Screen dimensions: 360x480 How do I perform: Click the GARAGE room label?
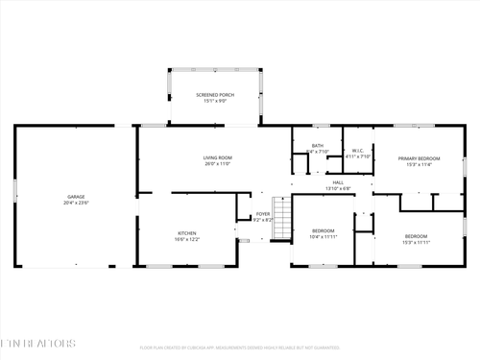61,197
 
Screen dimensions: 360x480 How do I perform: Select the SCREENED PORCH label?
215,95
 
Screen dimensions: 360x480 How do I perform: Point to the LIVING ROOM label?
217,157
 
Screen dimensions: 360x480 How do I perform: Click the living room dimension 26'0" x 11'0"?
217,164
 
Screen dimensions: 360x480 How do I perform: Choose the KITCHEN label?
186,232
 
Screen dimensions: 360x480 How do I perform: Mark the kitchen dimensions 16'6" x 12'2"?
186,239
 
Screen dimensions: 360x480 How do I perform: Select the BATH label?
318,145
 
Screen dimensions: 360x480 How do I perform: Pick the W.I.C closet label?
356,150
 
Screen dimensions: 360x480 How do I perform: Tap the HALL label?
338,181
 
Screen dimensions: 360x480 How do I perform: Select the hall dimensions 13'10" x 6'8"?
338,188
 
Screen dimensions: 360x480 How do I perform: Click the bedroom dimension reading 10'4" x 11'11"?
324,236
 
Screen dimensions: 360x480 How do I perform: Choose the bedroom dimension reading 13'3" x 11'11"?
416,243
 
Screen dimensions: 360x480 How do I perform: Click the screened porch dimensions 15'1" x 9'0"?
215,102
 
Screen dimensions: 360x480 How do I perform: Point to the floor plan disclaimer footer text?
240,348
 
